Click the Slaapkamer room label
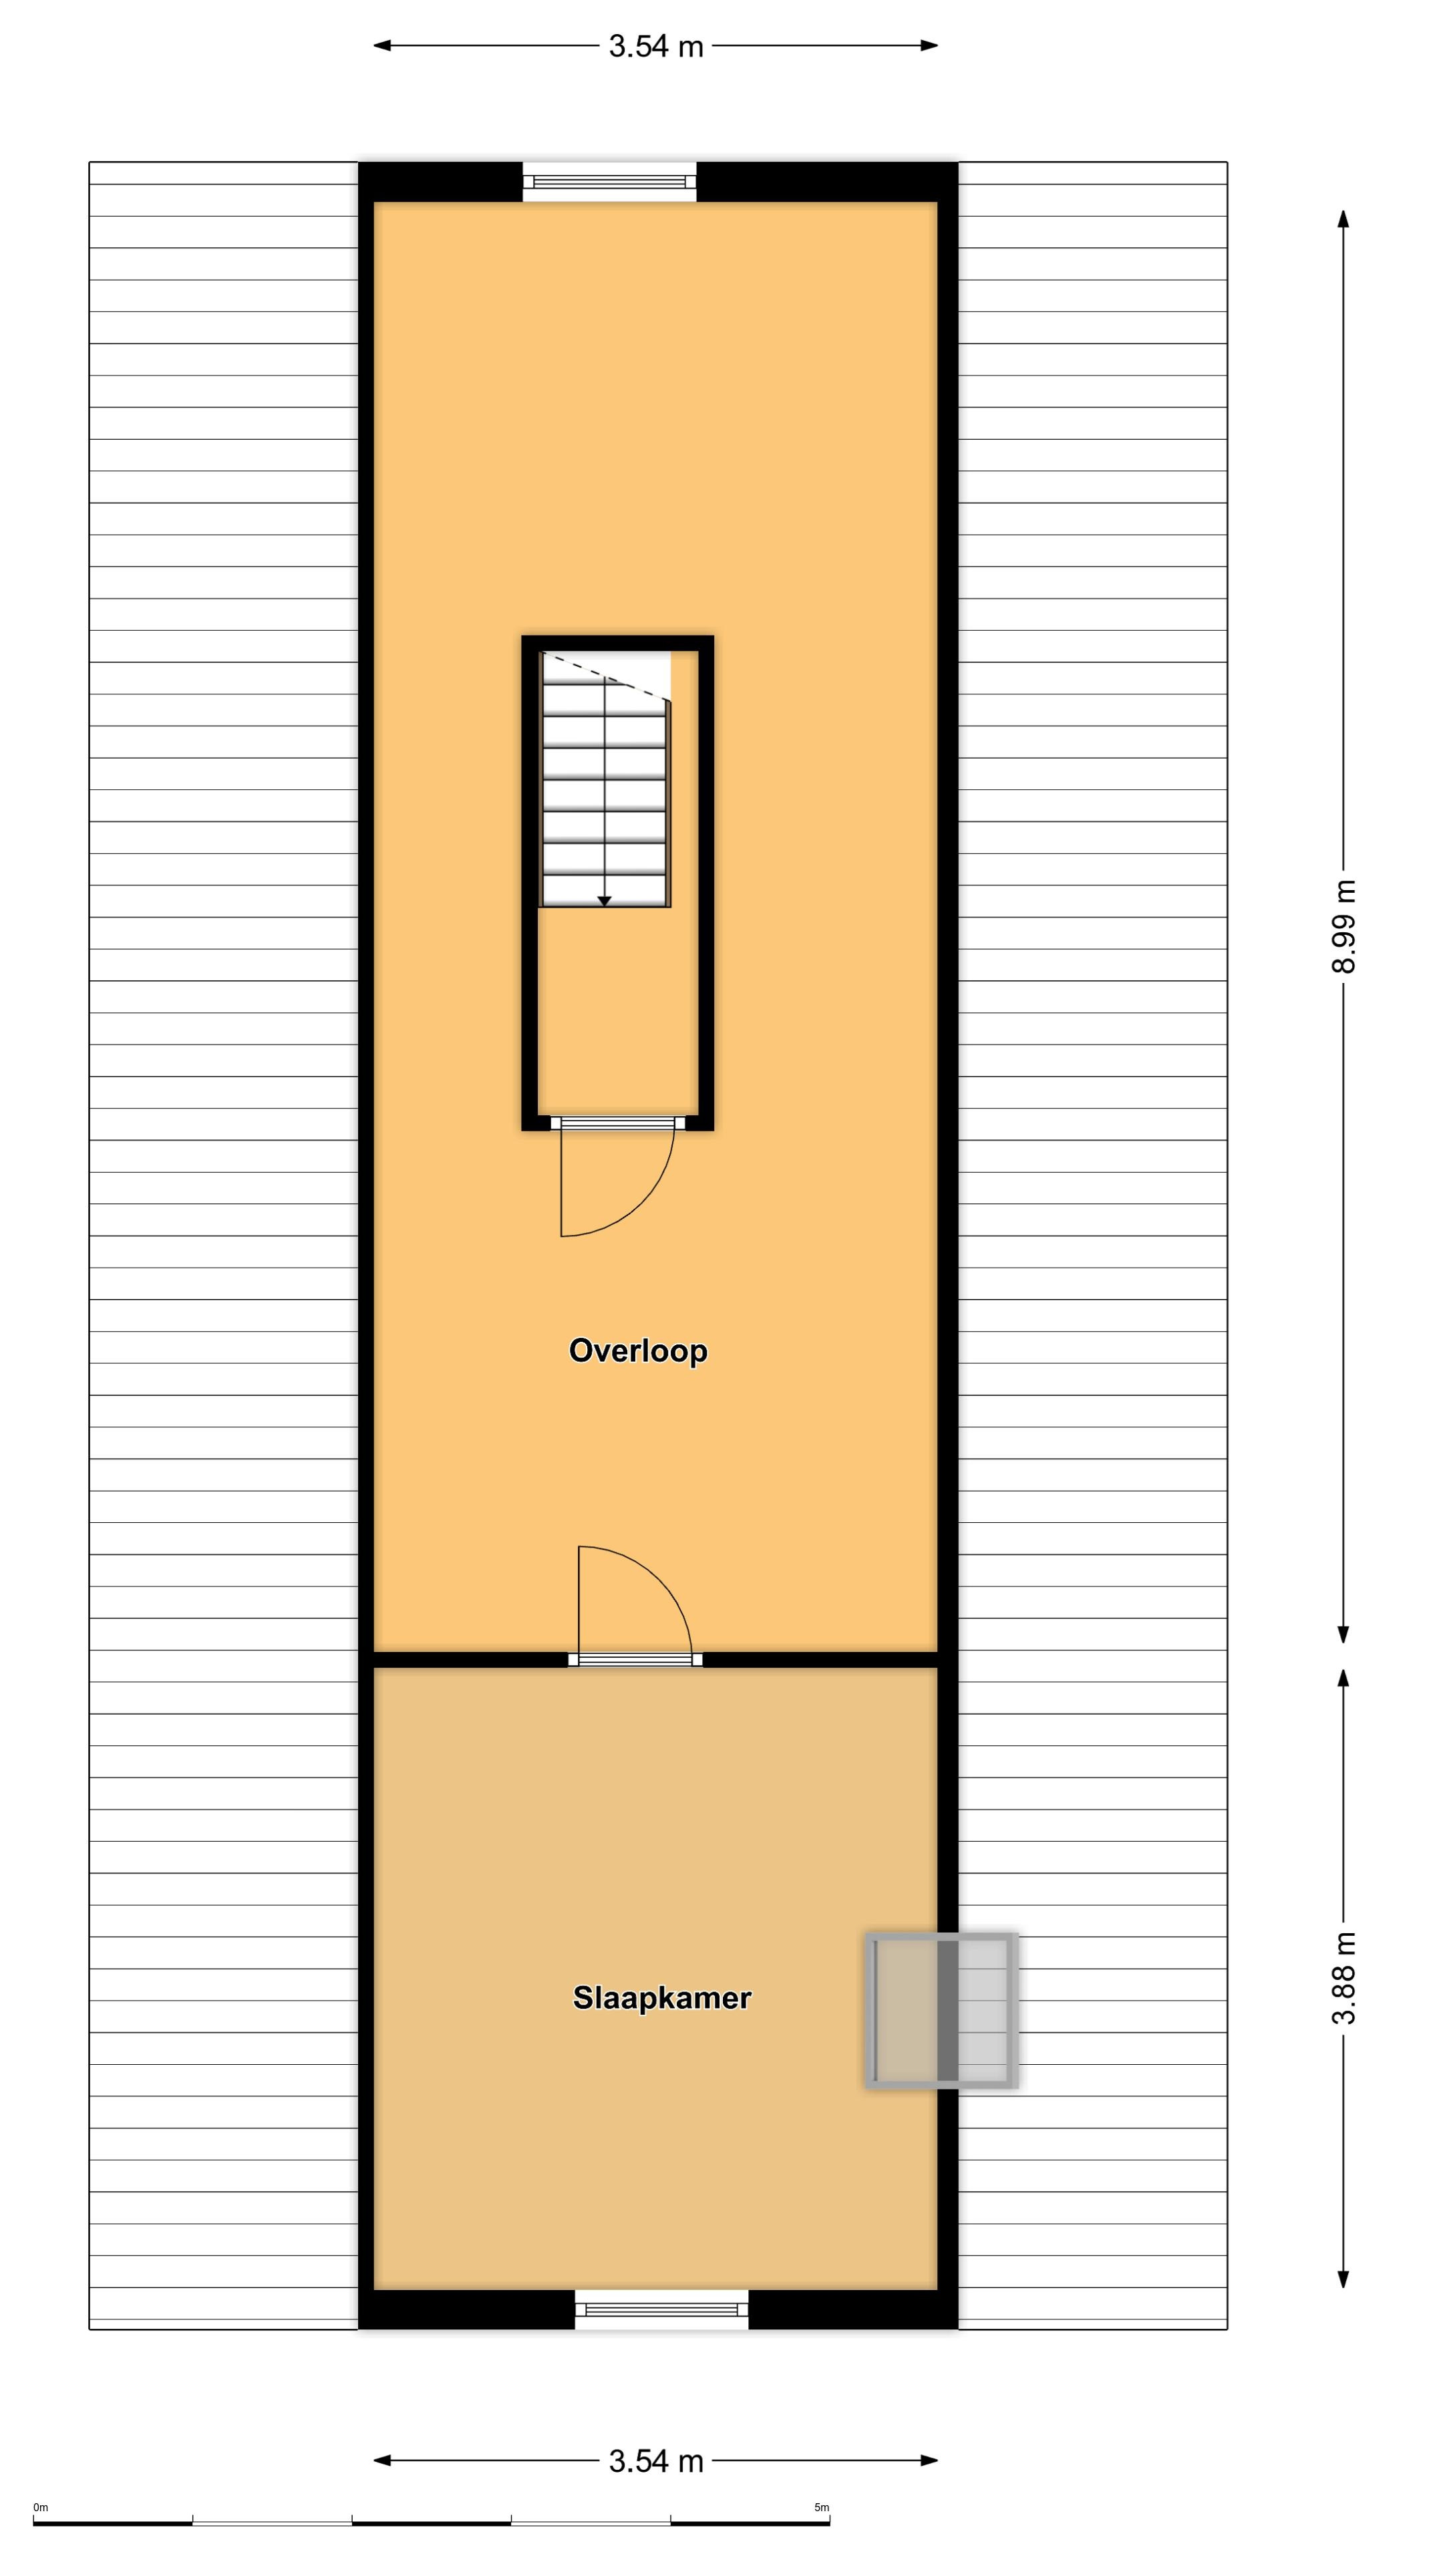point(661,1997)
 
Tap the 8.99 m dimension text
point(1343,926)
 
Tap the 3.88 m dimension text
point(1343,1978)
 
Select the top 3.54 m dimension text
point(656,47)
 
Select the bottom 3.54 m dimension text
point(656,2461)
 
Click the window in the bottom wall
point(661,2309)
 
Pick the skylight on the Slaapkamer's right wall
point(941,2010)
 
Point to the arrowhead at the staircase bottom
point(605,901)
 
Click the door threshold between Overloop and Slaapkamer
point(635,1659)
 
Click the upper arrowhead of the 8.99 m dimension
point(1343,219)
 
